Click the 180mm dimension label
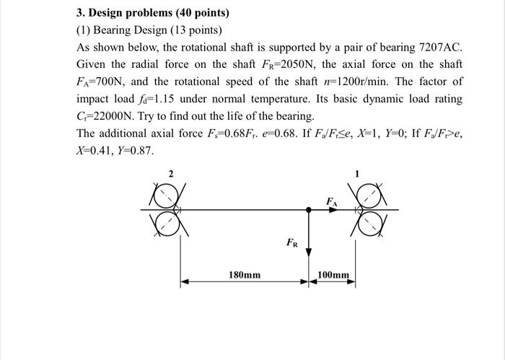pyautogui.click(x=245, y=275)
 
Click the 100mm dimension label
pyautogui.click(x=333, y=275)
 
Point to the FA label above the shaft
pyautogui.click(x=331, y=201)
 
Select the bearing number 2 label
pyautogui.click(x=170, y=174)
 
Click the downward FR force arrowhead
pyautogui.click(x=309, y=252)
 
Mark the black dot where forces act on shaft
pyautogui.click(x=309, y=209)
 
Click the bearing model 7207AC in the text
pyautogui.click(x=439, y=47)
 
